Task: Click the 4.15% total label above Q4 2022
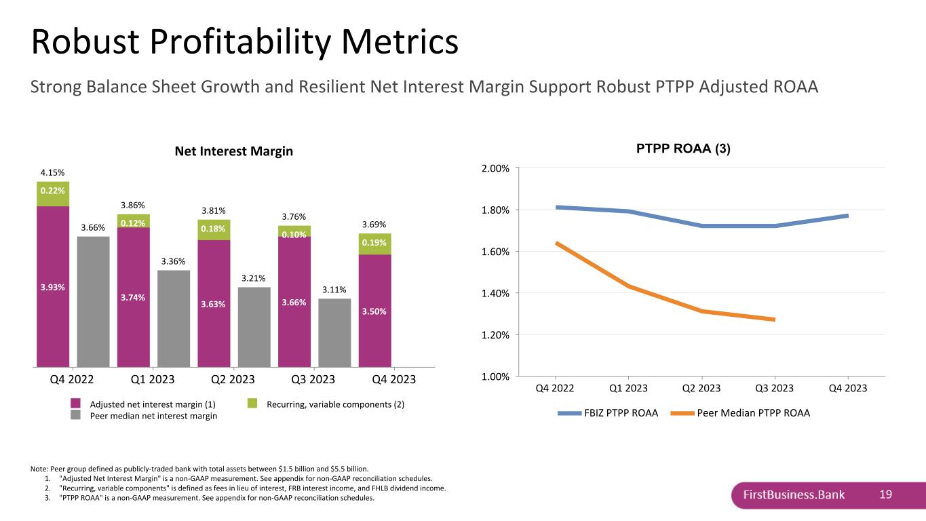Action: click(52, 172)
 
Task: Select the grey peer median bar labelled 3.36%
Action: click(174, 318)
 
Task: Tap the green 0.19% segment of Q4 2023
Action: click(375, 244)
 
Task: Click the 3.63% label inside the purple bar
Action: click(213, 305)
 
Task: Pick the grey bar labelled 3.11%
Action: click(335, 332)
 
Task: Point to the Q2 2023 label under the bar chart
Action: click(233, 379)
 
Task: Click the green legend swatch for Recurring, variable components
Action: click(252, 403)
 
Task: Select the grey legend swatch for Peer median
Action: click(75, 414)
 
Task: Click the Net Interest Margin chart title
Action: click(234, 151)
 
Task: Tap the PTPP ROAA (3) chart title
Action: click(683, 149)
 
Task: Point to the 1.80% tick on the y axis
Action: click(495, 210)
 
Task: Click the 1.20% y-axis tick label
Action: click(495, 335)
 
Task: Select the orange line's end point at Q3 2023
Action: click(775, 320)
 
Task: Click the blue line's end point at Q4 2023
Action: click(848, 216)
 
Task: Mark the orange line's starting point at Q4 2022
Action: click(556, 243)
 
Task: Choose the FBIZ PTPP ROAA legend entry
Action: click(608, 413)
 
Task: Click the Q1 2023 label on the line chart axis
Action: click(628, 388)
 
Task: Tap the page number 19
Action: click(885, 495)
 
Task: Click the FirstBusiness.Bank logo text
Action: click(794, 495)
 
